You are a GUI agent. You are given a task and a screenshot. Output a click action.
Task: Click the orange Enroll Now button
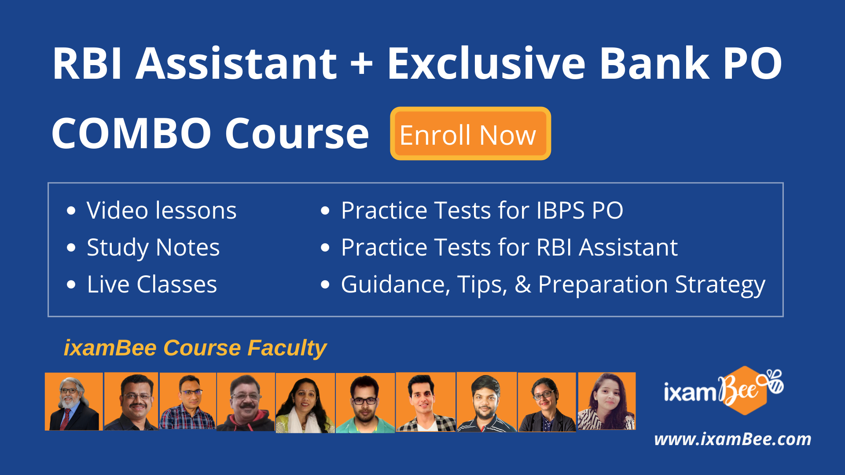tap(470, 134)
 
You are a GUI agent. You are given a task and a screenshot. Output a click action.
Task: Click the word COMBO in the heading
tap(131, 134)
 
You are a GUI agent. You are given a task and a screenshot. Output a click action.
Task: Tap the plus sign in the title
tap(362, 64)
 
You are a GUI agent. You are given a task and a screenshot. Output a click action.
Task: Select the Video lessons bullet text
tap(161, 210)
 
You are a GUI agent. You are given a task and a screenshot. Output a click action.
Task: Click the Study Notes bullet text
tap(153, 247)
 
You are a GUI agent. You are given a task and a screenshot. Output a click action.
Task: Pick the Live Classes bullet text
tap(152, 284)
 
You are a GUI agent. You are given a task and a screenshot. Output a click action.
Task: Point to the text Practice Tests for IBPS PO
tap(481, 210)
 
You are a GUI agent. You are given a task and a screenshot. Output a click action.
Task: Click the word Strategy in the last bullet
tap(720, 285)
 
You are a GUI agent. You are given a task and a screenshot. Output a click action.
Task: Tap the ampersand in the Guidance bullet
tap(522, 285)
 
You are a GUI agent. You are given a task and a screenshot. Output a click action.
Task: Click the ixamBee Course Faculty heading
tap(195, 348)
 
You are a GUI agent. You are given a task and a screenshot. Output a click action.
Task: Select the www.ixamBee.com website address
tap(732, 439)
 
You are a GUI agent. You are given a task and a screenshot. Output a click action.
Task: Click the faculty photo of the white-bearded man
tap(73, 402)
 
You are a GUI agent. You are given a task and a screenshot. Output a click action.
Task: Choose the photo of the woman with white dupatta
tap(305, 403)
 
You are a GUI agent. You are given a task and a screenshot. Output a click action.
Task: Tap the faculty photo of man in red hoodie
tap(246, 402)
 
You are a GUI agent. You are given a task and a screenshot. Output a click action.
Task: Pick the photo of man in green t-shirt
tap(365, 403)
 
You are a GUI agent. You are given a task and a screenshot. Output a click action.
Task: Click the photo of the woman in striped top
tap(606, 401)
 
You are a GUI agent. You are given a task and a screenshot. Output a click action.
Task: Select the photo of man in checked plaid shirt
tap(187, 401)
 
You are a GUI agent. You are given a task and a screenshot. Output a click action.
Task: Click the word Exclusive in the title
tap(486, 64)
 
